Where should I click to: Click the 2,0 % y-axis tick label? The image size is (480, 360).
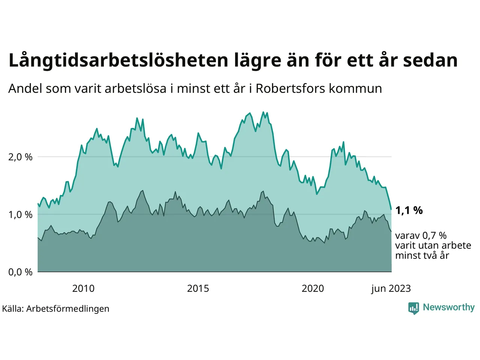click(x=20, y=157)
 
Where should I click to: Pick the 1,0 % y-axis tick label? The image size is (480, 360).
click(x=20, y=215)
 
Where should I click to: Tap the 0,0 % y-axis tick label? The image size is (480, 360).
click(x=20, y=272)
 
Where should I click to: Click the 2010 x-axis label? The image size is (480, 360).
click(x=83, y=288)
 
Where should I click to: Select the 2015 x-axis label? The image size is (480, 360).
click(x=198, y=288)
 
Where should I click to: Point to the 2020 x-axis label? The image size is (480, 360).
click(x=313, y=288)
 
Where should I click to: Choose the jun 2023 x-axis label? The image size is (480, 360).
click(x=391, y=288)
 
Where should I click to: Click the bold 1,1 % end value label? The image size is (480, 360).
click(x=409, y=210)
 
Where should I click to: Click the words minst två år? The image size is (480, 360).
click(x=422, y=255)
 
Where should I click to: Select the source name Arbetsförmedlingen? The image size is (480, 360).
click(x=68, y=309)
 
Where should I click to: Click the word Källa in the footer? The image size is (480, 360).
click(x=12, y=309)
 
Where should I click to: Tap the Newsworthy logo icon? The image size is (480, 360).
click(x=413, y=308)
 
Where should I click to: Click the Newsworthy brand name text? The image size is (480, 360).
click(x=448, y=307)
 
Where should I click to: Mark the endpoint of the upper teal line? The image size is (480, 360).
click(x=391, y=209)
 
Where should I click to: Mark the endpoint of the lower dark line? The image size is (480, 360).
click(x=391, y=231)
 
